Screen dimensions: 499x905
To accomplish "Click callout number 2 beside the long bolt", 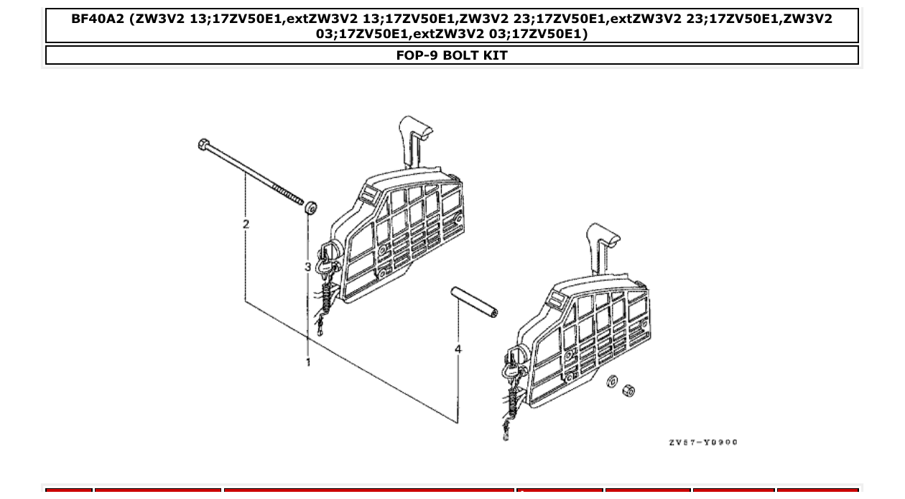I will (246, 224).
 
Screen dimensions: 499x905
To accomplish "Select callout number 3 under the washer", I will (307, 267).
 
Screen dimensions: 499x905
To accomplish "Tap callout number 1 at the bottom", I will (308, 362).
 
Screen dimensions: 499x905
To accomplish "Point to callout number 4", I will (458, 349).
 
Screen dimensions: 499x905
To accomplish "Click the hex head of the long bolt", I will (204, 145).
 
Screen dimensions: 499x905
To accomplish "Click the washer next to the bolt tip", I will (311, 209).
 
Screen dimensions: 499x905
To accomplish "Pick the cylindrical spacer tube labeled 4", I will (474, 302).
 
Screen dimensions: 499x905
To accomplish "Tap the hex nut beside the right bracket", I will (628, 391).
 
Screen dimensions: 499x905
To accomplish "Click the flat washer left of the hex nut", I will (612, 382).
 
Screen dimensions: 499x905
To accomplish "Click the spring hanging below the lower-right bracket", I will (512, 403).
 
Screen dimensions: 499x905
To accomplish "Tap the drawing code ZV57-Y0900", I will (702, 442).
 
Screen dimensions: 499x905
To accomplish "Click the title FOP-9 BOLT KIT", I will (452, 55).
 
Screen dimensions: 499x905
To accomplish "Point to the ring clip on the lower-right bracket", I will (515, 357).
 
